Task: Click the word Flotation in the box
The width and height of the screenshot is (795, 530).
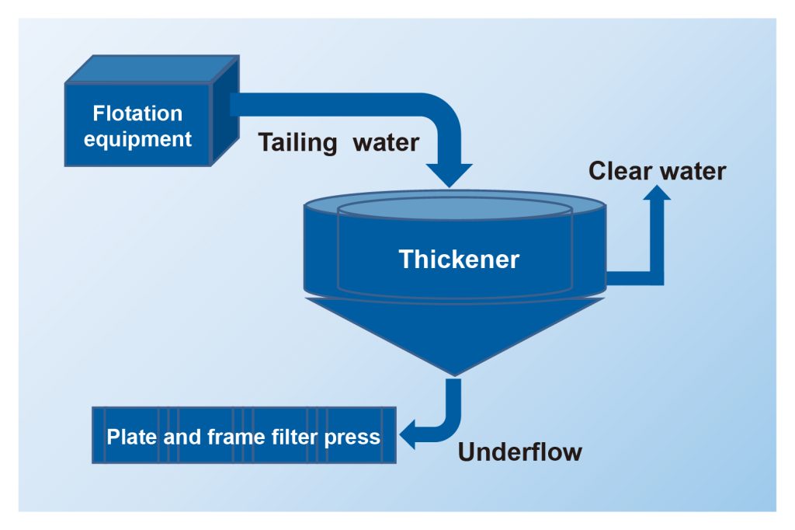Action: [x=137, y=113]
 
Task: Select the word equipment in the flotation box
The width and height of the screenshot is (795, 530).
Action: [x=137, y=140]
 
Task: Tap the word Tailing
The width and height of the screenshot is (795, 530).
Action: [x=297, y=143]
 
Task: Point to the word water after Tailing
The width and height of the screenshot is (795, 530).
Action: [x=385, y=143]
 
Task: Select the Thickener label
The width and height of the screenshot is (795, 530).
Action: [x=459, y=259]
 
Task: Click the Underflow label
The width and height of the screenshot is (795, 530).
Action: [x=519, y=452]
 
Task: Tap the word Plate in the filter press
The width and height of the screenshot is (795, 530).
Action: [x=133, y=436]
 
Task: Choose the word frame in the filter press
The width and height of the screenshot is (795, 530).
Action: [x=234, y=436]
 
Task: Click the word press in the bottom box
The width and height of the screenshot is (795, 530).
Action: [x=356, y=437]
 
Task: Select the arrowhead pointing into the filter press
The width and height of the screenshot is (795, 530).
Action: [x=409, y=436]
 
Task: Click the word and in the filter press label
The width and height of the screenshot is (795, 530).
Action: [x=182, y=436]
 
